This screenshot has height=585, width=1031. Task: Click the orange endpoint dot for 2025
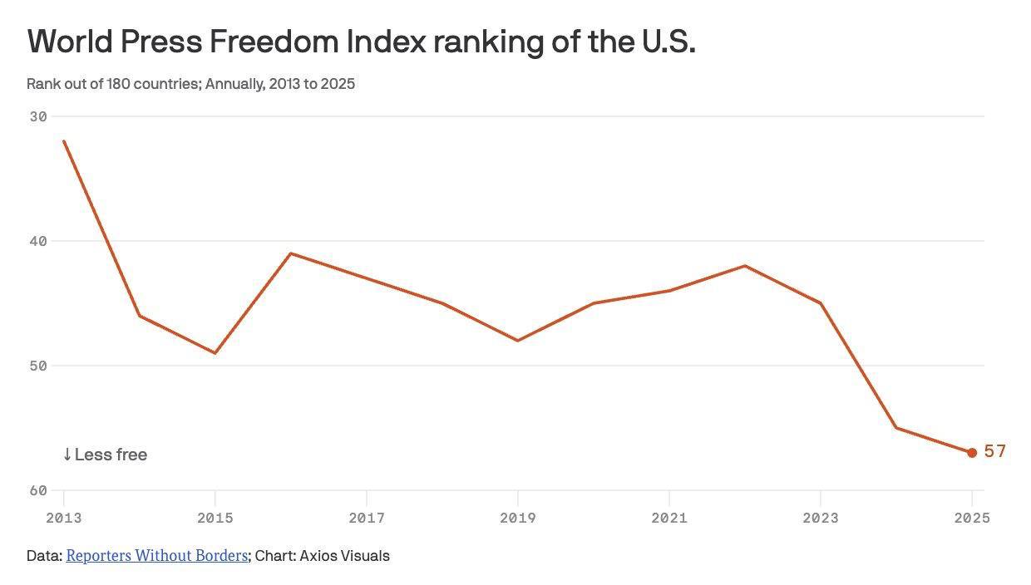point(971,453)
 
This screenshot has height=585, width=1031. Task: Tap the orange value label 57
point(995,451)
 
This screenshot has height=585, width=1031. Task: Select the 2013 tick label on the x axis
point(63,519)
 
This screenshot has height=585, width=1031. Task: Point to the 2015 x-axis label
point(215,519)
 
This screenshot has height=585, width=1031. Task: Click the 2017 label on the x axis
point(366,519)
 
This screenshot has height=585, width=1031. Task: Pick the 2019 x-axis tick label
point(517,519)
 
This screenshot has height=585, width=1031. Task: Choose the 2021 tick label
point(668,519)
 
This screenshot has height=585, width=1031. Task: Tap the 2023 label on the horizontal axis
point(820,519)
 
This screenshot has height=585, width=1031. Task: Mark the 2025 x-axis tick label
point(971,519)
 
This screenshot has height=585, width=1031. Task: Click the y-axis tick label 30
point(38,116)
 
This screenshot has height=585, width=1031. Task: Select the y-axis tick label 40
point(38,241)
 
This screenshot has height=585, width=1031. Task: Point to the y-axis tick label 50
point(38,366)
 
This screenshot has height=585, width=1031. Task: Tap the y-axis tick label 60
point(38,490)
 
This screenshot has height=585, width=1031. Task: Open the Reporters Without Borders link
point(157,556)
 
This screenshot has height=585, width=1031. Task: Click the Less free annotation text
point(105,455)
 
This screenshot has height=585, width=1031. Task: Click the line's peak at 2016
point(290,253)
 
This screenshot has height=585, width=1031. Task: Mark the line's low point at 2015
point(215,353)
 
